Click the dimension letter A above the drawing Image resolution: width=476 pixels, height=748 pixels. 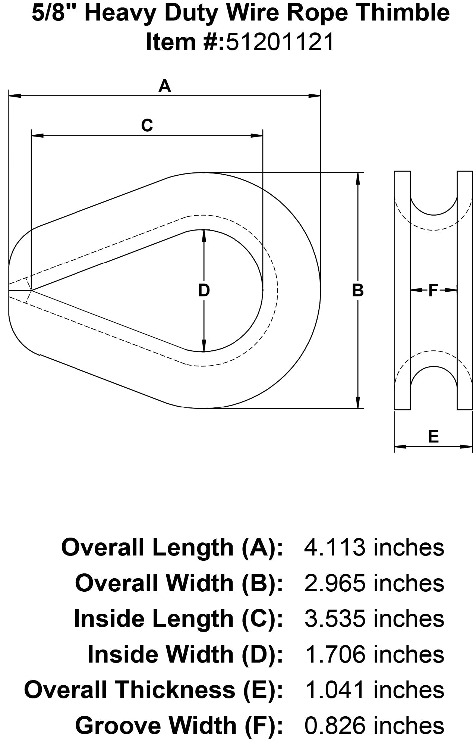(164, 86)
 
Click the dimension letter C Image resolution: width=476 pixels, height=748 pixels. (147, 125)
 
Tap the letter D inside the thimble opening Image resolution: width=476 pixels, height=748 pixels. (204, 291)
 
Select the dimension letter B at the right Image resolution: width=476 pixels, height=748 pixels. (358, 291)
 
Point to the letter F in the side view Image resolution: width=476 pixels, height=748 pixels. (433, 290)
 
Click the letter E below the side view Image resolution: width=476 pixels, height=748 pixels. (433, 436)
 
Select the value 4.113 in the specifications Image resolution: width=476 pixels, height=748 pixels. (334, 548)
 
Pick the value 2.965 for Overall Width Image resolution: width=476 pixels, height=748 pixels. (334, 583)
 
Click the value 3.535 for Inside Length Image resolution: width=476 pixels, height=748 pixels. (334, 619)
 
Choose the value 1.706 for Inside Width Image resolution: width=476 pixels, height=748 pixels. (334, 654)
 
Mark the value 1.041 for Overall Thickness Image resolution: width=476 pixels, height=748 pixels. (334, 690)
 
